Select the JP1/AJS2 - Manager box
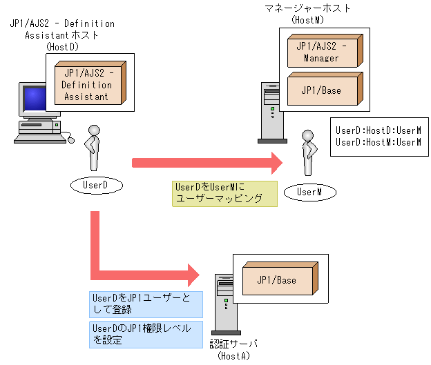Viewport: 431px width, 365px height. tap(321, 52)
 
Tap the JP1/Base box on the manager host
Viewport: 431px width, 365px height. tap(321, 90)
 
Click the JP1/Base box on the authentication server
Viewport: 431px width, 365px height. tap(276, 280)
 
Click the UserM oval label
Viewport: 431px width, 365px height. tap(309, 191)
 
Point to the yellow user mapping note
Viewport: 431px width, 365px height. tap(224, 193)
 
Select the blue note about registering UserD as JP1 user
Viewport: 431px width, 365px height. tap(145, 304)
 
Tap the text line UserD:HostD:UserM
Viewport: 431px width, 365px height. tap(378, 130)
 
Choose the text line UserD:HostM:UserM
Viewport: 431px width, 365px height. tap(378, 142)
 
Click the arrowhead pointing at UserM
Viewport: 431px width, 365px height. tap(277, 163)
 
